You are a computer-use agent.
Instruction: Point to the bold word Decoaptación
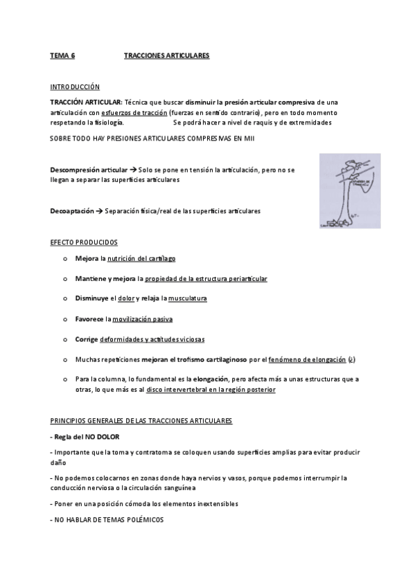[x=72, y=210]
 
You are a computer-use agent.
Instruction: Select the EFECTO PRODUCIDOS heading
[x=83, y=243]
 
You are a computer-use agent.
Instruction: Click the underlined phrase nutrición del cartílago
[x=141, y=258]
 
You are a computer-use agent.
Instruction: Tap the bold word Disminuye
[x=92, y=299]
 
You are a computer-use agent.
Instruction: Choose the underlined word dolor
[x=126, y=299]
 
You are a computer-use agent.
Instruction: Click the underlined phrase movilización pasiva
[x=143, y=319]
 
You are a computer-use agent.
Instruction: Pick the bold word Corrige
[x=87, y=339]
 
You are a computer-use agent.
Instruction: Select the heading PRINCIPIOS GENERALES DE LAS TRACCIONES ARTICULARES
[x=141, y=421]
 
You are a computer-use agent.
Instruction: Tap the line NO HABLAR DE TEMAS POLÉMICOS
[x=107, y=519]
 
